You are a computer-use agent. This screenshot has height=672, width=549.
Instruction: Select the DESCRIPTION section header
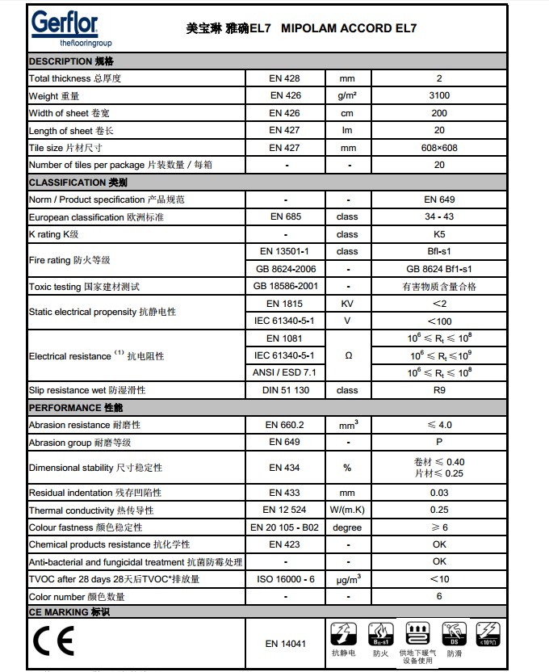pos(72,61)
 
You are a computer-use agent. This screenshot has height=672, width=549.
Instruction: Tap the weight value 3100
pos(439,96)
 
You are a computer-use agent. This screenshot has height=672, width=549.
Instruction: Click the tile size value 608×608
pos(439,148)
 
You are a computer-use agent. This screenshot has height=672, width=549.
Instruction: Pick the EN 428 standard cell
pos(285,78)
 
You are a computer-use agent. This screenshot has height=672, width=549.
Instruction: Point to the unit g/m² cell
pos(348,96)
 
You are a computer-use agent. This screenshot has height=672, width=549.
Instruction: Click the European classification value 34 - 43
pos(439,217)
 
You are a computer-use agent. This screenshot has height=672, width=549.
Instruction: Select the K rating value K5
pos(439,234)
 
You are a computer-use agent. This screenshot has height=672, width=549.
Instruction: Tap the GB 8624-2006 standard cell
pos(285,269)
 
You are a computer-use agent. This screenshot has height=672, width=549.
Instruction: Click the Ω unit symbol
pos(348,355)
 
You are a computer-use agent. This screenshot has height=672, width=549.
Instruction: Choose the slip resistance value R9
pos(439,390)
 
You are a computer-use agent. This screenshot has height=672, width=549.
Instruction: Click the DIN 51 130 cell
pos(285,390)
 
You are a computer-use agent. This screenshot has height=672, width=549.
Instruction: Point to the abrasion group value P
pos(439,442)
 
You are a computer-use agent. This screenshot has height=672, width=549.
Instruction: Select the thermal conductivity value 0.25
pos(439,510)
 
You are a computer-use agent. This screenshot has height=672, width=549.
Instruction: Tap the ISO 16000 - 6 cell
pos(285,579)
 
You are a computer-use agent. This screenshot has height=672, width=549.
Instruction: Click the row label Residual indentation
pos(95,493)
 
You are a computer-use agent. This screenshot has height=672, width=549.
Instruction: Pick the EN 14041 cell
pos(285,644)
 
